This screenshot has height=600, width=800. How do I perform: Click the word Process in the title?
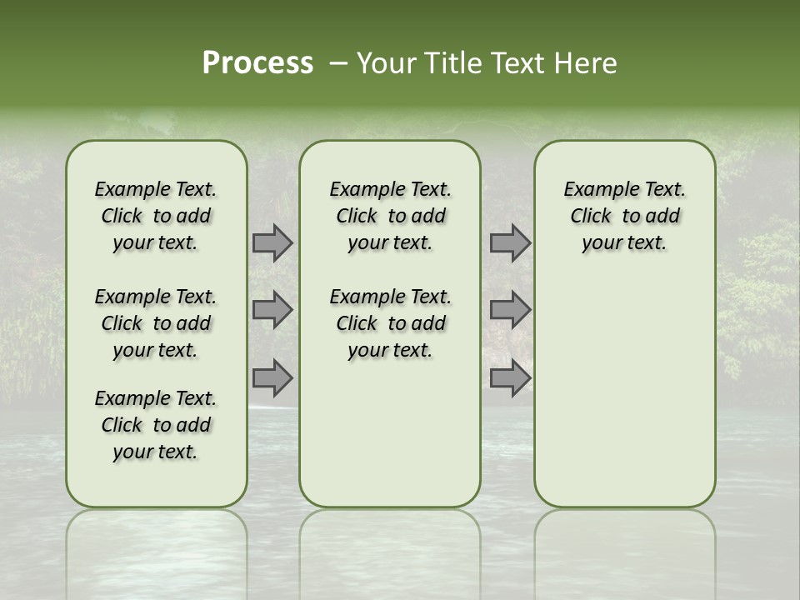[x=257, y=63]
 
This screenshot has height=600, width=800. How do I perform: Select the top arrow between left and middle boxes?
[x=272, y=243]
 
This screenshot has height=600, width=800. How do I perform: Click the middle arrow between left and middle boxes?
[x=272, y=310]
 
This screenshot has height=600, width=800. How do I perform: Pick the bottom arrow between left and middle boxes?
[x=272, y=377]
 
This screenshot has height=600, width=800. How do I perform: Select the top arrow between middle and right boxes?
[x=510, y=243]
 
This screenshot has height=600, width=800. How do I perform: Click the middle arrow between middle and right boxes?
[x=510, y=310]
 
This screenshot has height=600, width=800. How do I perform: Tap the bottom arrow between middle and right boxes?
[x=510, y=377]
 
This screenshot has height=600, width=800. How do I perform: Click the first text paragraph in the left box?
[x=156, y=216]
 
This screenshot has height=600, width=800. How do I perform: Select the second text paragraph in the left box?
[x=156, y=323]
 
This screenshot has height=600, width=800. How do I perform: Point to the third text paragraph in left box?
[x=156, y=425]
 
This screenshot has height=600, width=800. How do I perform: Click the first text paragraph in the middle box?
[x=391, y=216]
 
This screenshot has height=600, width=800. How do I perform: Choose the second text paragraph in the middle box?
[x=391, y=323]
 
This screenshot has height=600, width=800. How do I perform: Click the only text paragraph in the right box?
[x=625, y=216]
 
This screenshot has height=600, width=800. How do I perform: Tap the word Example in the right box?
[x=596, y=189]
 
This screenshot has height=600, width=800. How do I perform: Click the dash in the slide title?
[x=338, y=63]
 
